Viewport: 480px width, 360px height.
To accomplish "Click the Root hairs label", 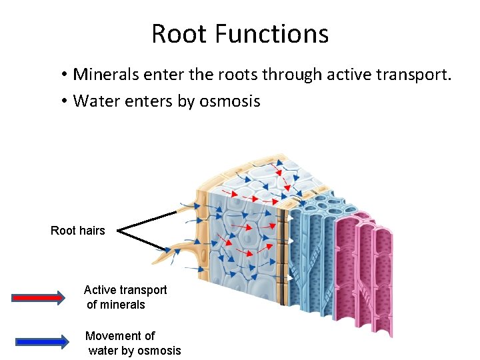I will pos(78,231).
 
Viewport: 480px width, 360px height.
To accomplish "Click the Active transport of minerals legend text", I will pos(125,297).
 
